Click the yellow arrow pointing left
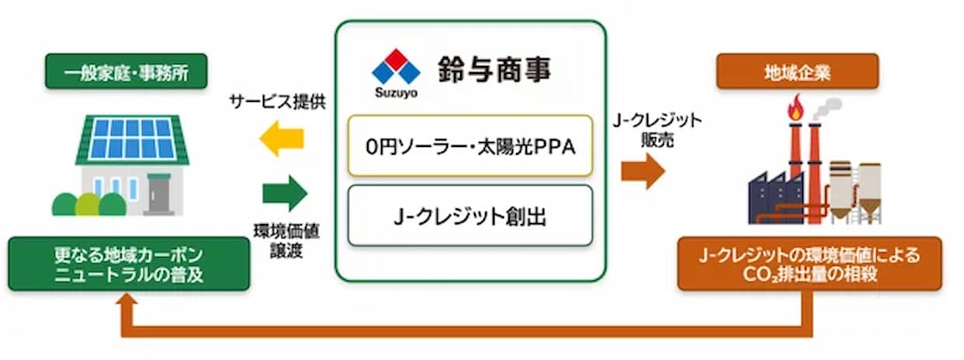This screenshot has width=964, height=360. (x=282, y=138)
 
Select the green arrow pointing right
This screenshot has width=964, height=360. (x=285, y=193)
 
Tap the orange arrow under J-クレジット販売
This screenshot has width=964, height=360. (x=643, y=171)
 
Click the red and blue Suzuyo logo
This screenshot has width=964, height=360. (x=396, y=67)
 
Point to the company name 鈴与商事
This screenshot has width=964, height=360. (x=494, y=69)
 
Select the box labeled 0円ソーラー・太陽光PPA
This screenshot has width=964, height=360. (x=470, y=145)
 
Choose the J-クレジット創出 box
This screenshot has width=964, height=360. (x=470, y=215)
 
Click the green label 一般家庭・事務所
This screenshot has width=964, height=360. (x=126, y=72)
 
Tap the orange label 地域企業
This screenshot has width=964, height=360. (x=798, y=72)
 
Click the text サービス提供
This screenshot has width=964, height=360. (x=278, y=102)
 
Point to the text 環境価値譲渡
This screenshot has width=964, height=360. (x=286, y=241)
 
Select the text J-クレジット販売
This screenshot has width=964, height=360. (x=657, y=130)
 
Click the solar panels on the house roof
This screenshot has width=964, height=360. (x=132, y=138)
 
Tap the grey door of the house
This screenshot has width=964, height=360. (x=159, y=194)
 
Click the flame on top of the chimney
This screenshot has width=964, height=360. (x=796, y=108)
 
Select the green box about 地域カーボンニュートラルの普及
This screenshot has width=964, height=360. (x=129, y=264)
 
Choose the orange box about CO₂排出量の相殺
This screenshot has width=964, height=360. (x=810, y=264)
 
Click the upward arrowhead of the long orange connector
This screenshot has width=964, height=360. (x=127, y=299)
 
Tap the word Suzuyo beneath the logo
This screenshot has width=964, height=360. (x=396, y=93)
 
